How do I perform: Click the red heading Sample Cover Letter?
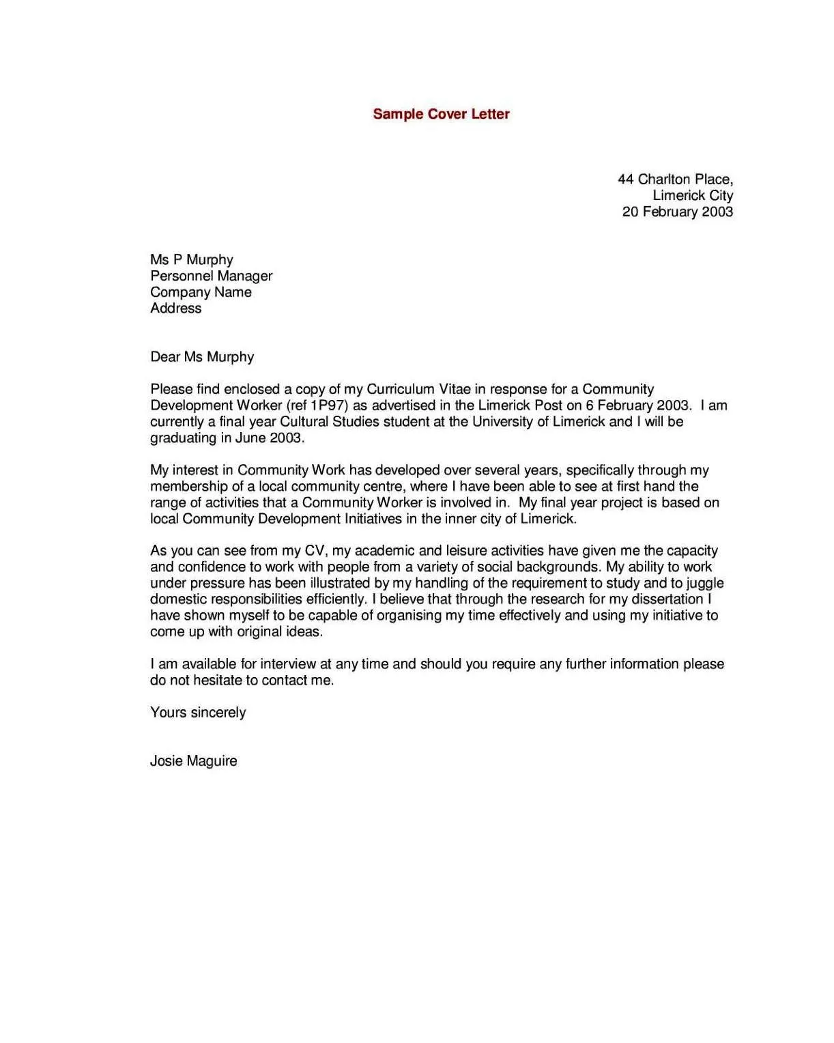click(441, 114)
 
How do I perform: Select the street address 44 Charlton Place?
click(675, 180)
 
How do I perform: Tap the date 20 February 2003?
click(677, 212)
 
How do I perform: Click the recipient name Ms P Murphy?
click(192, 260)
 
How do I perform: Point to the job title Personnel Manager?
click(211, 276)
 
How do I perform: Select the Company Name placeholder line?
click(201, 292)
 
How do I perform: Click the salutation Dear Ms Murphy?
click(202, 357)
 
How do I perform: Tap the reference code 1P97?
click(327, 405)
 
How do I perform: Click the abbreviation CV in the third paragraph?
click(315, 551)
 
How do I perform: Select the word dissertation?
click(667, 599)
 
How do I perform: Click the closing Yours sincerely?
click(198, 713)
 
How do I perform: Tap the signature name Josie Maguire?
click(194, 761)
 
